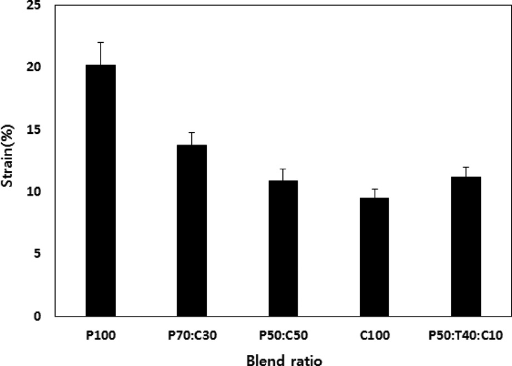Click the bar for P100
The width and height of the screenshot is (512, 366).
(x=100, y=190)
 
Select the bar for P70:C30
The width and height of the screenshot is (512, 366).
(x=192, y=230)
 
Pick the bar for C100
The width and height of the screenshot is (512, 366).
(x=374, y=257)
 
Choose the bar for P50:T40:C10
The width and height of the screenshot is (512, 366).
(x=465, y=247)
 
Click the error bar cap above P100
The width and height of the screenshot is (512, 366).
(x=100, y=42)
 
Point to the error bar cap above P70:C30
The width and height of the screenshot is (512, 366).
(x=192, y=133)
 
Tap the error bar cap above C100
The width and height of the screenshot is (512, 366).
(x=374, y=189)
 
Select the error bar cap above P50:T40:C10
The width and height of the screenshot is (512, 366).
(x=465, y=167)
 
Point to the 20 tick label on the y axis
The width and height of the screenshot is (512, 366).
(x=37, y=67)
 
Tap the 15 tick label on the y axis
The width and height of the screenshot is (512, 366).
(x=37, y=129)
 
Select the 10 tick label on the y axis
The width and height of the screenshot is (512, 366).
(x=37, y=192)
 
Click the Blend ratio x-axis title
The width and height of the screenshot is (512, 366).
(x=284, y=359)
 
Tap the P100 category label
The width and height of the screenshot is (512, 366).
(x=100, y=335)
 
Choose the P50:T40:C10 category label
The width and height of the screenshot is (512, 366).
(x=465, y=335)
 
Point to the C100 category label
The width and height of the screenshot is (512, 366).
(x=374, y=335)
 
